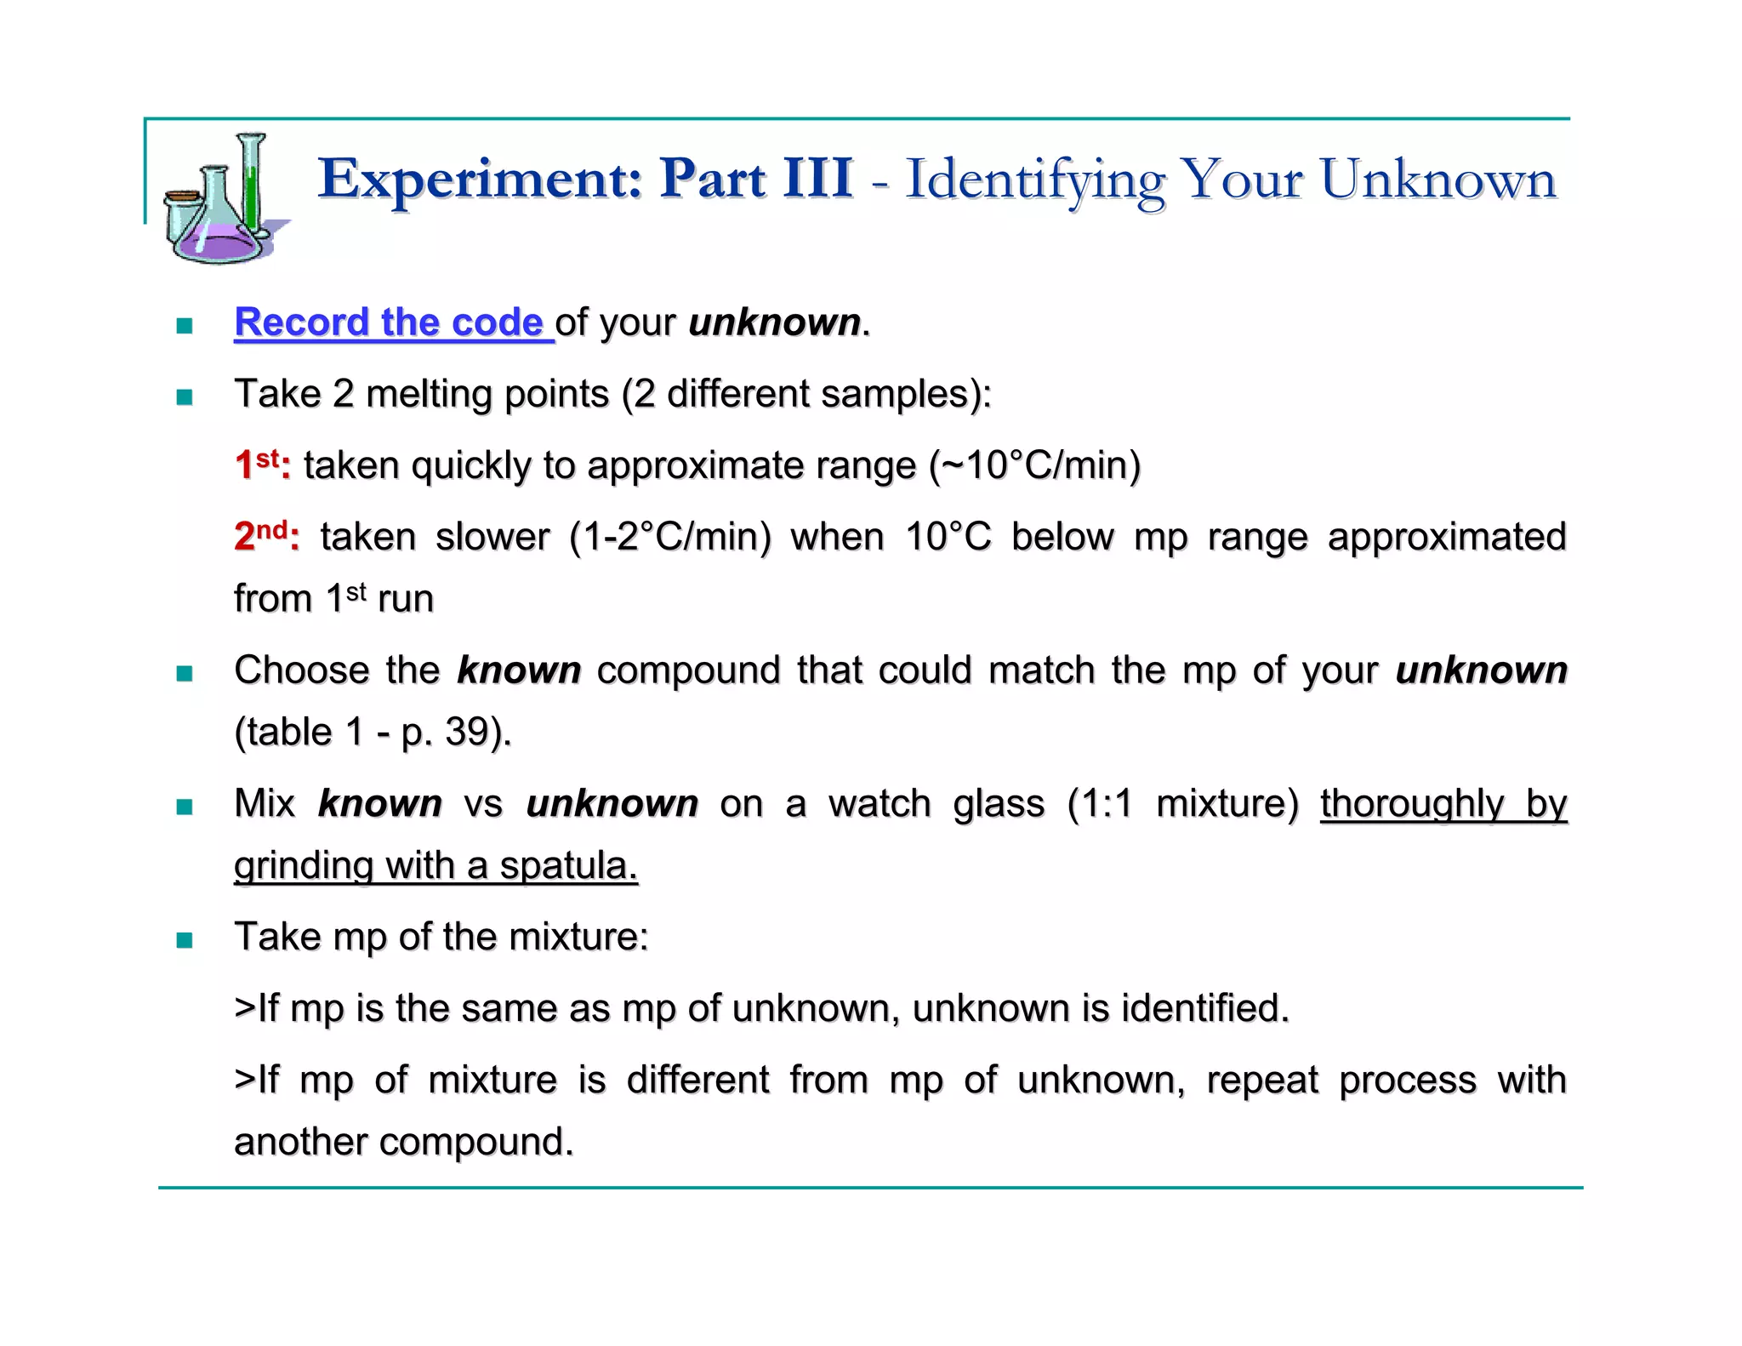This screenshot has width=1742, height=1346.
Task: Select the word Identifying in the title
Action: [1034, 181]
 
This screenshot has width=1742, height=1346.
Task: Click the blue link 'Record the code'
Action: [390, 322]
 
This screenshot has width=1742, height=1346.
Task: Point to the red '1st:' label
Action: [262, 465]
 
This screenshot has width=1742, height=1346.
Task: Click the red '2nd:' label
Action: [266, 536]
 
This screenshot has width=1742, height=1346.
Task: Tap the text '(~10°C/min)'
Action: [1034, 465]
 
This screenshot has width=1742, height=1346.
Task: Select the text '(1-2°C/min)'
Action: [670, 537]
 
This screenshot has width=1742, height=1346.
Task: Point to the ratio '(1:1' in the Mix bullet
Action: [1101, 804]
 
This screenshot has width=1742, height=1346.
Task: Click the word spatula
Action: [568, 866]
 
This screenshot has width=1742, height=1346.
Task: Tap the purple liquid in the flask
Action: [219, 244]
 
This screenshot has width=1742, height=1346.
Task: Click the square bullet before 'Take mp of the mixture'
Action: [185, 939]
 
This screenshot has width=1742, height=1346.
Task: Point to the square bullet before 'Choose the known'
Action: [185, 673]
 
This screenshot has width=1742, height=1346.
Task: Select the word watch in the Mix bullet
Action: [880, 804]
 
